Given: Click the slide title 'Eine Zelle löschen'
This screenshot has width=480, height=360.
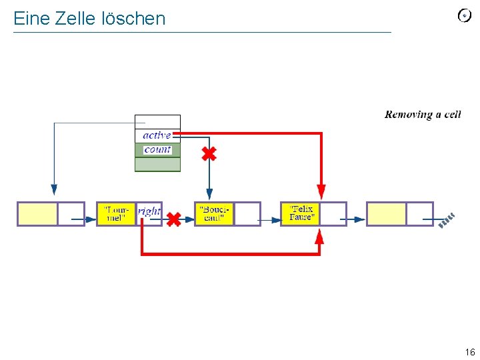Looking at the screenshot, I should pos(89,19).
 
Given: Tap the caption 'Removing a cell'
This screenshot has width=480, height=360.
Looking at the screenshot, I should pos(423,115).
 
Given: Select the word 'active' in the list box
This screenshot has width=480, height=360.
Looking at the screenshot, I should pos(157,135).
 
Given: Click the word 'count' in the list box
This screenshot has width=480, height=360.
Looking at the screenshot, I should pos(157,149).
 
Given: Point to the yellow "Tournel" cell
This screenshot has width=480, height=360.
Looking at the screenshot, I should pos(116,214).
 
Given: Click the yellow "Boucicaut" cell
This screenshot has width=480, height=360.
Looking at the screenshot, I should pos(214,214).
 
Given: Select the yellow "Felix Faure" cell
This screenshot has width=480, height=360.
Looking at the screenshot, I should pos(301,214).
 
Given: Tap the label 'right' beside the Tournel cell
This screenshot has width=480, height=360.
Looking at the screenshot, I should pos(149,211).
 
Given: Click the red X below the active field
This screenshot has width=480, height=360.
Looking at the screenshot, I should pos(209,155).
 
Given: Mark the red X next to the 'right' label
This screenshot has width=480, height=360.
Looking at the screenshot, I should pos(173,219).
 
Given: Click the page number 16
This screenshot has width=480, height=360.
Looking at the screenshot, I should pos(469,353).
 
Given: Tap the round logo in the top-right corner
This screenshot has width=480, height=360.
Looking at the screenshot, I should pos(465,16).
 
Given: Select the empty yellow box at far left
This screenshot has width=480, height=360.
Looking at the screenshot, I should pos(37,214).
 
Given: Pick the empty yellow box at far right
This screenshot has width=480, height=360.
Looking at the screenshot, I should pos(386,214).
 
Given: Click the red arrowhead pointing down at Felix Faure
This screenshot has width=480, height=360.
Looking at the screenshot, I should pos(321,192).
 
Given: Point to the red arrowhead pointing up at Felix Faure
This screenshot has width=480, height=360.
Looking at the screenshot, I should pos(319,237).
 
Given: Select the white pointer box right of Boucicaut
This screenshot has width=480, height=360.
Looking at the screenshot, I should pos(247,214).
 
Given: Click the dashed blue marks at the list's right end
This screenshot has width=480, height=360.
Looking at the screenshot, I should pos(447,220).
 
